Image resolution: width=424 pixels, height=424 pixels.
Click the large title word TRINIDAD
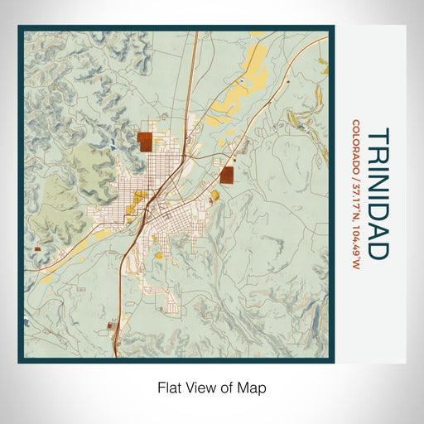[x=376, y=191]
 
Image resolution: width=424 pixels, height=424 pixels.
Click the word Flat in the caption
[x=169, y=387]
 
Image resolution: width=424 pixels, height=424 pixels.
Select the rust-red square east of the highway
[x=227, y=174]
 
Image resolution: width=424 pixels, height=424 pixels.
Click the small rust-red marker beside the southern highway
[x=109, y=325]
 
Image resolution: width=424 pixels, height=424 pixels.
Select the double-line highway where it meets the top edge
[x=195, y=33]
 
